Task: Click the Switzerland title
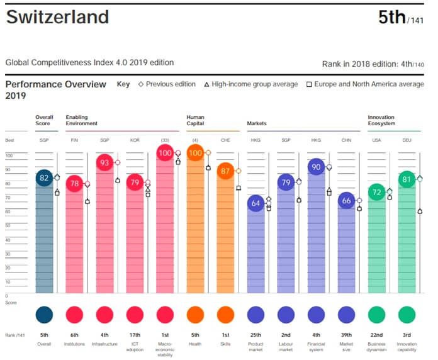click(57, 17)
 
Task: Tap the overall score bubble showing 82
click(44, 178)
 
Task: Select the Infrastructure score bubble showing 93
click(104, 162)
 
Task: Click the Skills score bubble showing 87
click(225, 171)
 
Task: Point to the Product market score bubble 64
click(255, 203)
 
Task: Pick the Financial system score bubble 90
click(316, 167)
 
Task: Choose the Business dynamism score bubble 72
click(376, 192)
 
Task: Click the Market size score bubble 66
click(346, 200)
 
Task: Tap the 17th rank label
click(135, 335)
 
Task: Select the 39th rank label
click(346, 335)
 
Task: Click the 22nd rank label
click(376, 335)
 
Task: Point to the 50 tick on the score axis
click(8, 225)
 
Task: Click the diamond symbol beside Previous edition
click(141, 84)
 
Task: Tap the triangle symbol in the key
click(206, 84)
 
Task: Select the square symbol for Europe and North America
click(309, 84)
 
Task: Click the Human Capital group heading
click(195, 120)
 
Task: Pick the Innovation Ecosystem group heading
click(381, 120)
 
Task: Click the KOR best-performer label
click(135, 140)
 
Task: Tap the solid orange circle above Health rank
click(195, 315)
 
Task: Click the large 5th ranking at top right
click(391, 18)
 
